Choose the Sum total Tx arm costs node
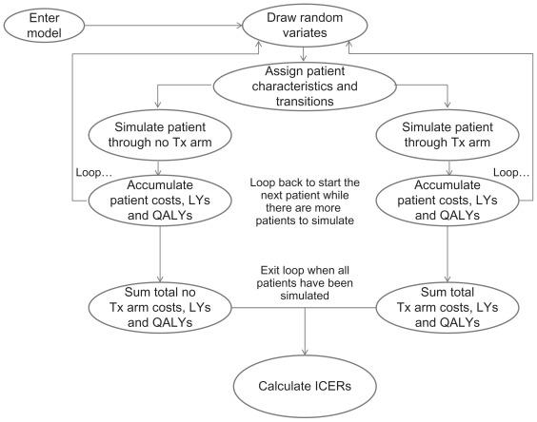click(447, 306)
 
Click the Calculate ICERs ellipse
click(304, 388)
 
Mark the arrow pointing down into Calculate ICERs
click(304, 333)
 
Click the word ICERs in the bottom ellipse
click(328, 388)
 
